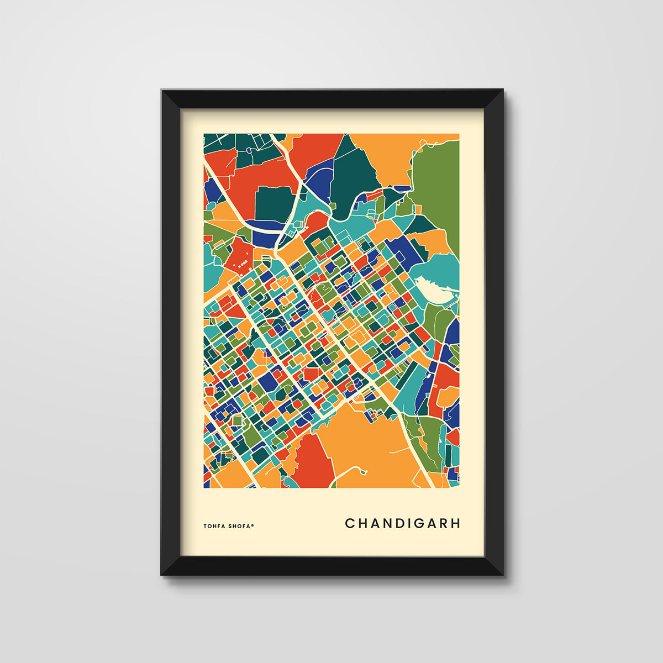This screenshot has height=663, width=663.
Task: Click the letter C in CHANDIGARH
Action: (x=350, y=523)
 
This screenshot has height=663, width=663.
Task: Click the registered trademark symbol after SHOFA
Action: (x=252, y=525)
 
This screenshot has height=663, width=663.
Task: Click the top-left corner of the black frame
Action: (x=162, y=91)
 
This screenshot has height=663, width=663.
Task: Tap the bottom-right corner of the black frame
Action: (x=503, y=575)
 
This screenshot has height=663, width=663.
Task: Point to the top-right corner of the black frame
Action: (x=502, y=91)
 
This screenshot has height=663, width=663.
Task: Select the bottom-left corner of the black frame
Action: (x=162, y=575)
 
